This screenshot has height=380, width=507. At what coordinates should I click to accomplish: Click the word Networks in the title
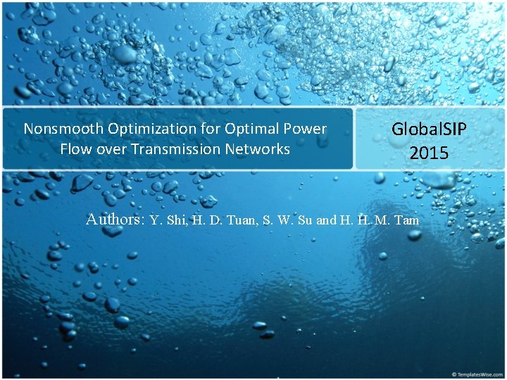coord(258,149)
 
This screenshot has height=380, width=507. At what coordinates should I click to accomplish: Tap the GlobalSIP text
coord(429,129)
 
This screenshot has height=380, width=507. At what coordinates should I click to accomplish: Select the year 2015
coord(429,152)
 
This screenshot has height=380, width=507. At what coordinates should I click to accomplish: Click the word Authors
coord(115,220)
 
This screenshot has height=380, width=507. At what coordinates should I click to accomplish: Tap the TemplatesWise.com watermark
coord(480,373)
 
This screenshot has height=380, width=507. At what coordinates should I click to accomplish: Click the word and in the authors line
coord(326,220)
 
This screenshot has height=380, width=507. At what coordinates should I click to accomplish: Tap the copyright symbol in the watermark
coord(455,373)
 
